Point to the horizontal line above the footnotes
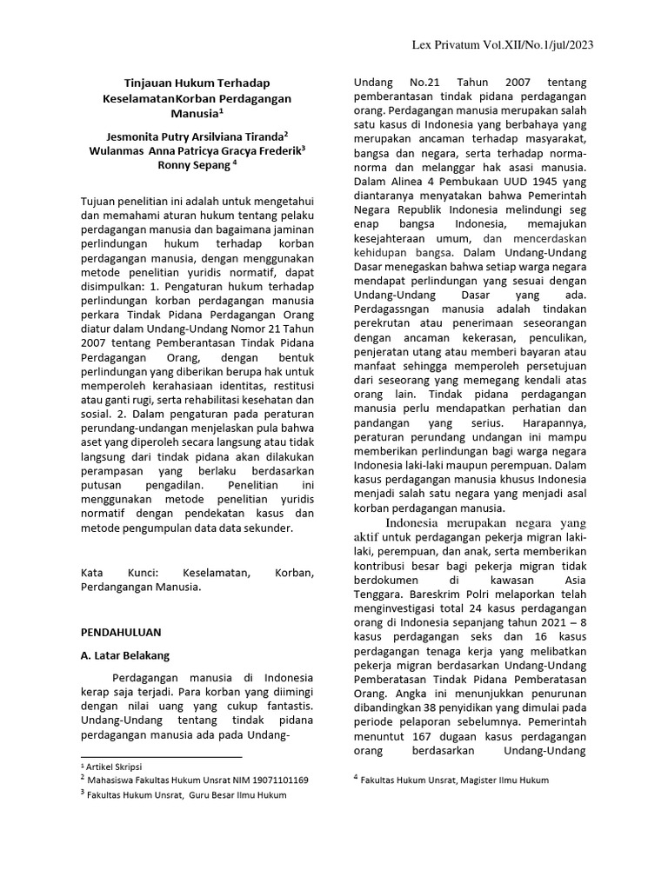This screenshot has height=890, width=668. [161, 757]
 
